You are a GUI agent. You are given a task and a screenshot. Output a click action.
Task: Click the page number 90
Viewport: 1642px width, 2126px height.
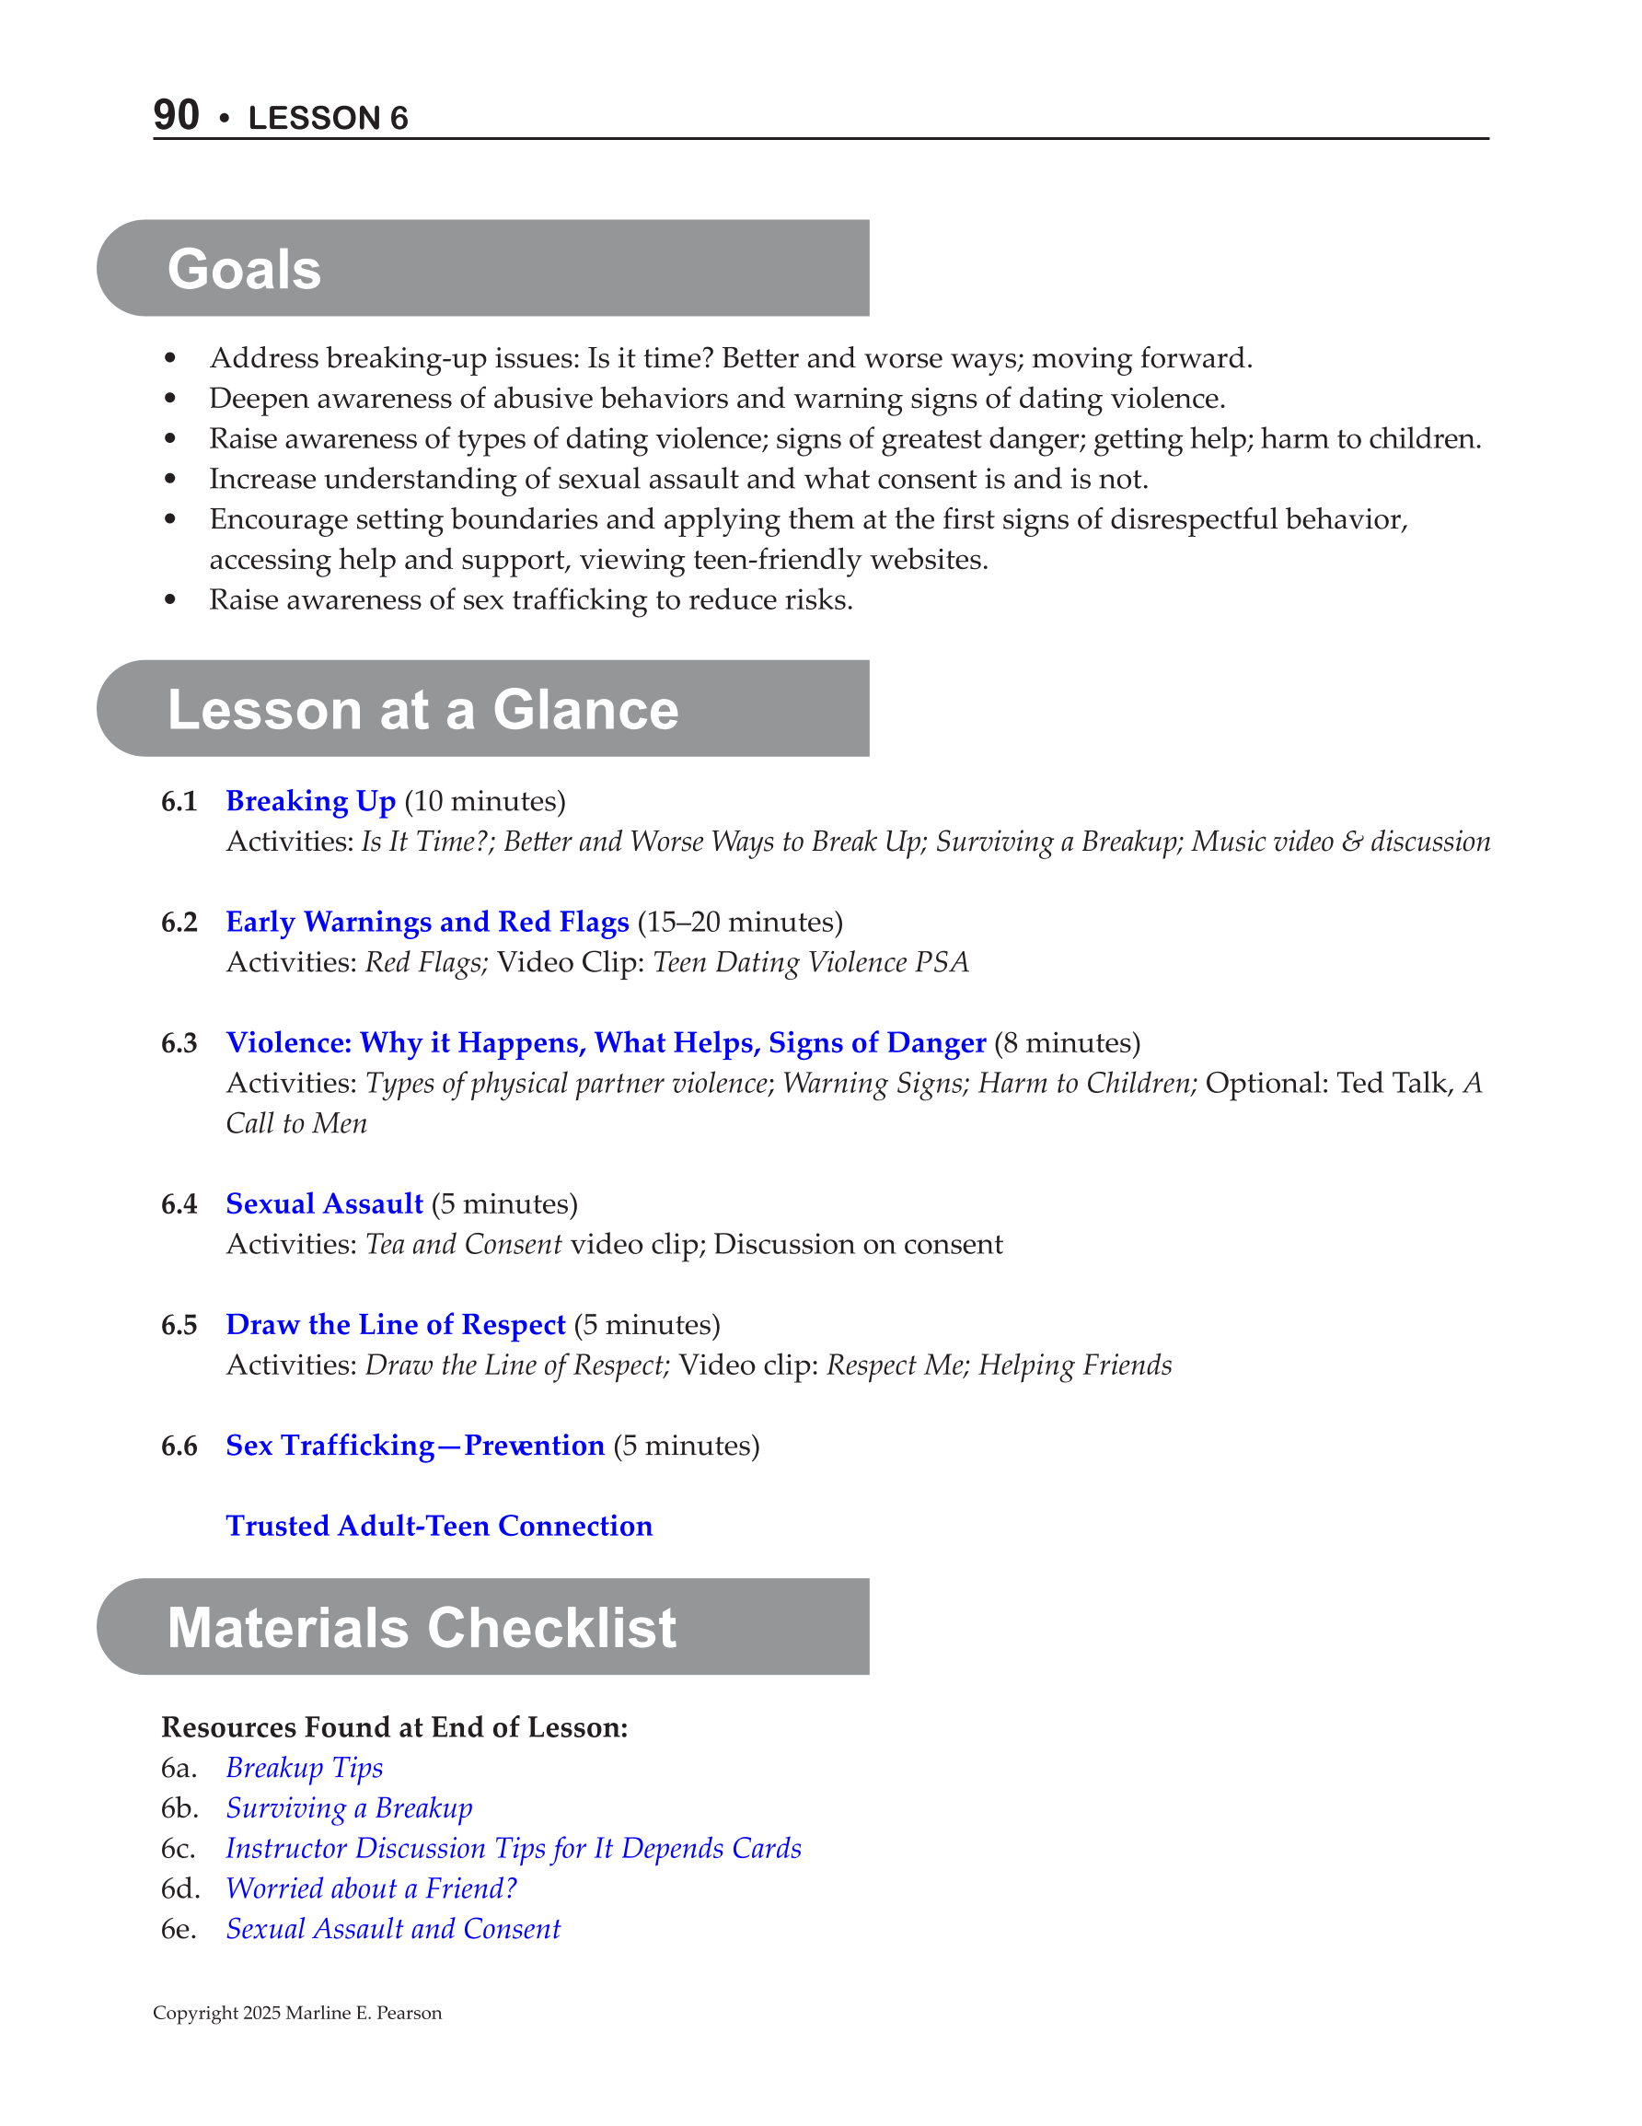(x=176, y=115)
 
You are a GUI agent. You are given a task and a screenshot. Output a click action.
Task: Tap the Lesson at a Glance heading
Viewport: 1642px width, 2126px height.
(x=422, y=709)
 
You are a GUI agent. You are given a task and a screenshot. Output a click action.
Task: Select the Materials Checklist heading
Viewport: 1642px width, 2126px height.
(x=422, y=1627)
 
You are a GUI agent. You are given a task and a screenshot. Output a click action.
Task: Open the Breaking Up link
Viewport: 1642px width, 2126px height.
(x=310, y=801)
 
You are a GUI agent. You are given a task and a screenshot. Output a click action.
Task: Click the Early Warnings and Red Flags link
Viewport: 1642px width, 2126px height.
(x=427, y=922)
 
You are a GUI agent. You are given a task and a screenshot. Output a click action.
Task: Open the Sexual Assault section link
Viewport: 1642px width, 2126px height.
(x=324, y=1204)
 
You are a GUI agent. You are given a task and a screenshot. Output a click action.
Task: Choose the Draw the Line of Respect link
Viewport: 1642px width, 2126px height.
(x=395, y=1325)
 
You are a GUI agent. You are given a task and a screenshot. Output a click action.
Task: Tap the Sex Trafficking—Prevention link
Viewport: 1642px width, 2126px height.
(x=414, y=1446)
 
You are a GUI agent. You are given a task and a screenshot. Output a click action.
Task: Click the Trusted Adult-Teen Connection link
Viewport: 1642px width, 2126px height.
(x=439, y=1526)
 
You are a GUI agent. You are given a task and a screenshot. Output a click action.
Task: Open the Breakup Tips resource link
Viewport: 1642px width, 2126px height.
(x=305, y=1768)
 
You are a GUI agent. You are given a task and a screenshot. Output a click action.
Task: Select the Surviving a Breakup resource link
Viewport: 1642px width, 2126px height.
(x=349, y=1807)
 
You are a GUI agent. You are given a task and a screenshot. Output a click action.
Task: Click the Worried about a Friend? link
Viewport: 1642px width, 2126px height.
(x=371, y=1888)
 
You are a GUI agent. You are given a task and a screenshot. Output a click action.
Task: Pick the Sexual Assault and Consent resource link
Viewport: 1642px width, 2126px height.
(x=393, y=1928)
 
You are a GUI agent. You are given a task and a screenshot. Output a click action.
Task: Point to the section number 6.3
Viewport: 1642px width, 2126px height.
(x=179, y=1043)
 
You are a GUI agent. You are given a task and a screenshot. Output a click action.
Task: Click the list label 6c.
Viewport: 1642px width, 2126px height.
(x=179, y=1849)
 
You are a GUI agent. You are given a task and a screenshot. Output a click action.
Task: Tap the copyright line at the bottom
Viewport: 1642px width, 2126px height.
(x=297, y=2013)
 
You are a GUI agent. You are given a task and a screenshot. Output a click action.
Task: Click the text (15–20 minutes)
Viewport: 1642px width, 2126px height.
(x=740, y=922)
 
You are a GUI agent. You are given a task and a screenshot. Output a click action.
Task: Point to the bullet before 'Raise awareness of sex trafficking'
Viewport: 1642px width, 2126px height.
(x=170, y=600)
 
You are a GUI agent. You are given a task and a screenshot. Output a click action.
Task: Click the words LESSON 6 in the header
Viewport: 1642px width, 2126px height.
(x=328, y=118)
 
